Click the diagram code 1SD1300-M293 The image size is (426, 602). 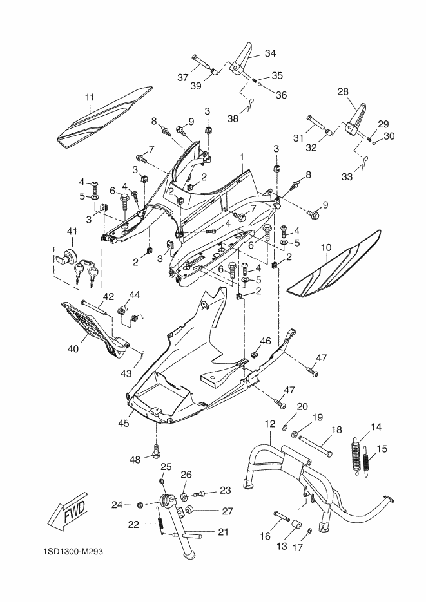coord(73,552)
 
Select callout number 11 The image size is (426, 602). coord(89,97)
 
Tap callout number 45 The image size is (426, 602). coord(124,423)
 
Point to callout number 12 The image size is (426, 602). coord(269,424)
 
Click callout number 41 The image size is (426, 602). coord(72,232)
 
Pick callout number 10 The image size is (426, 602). coord(325,248)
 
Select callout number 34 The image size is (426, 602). coord(270,53)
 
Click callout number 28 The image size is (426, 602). coord(343,92)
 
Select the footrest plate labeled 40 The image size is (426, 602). coord(95,332)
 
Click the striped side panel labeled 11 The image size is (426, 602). coord(104,117)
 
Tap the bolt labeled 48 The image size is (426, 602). coord(157,451)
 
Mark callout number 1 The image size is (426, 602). coord(242,157)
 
